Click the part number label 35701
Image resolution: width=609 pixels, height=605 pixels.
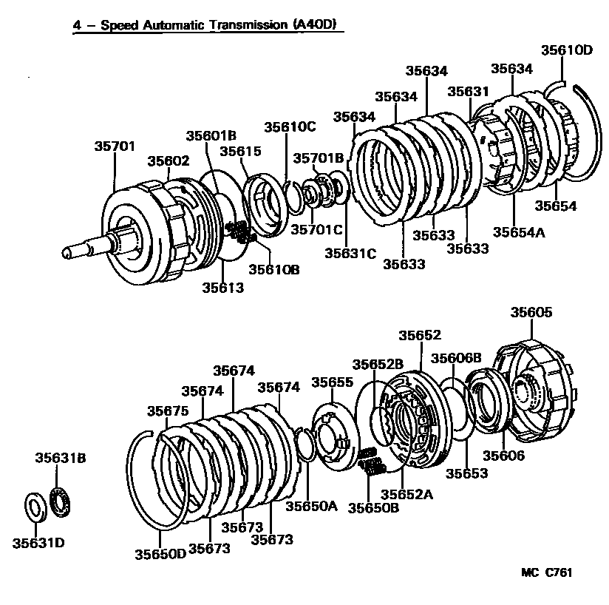[115, 146]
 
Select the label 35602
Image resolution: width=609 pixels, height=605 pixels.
[168, 161]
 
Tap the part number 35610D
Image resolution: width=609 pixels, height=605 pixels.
[567, 51]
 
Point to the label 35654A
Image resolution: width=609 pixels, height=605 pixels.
[519, 231]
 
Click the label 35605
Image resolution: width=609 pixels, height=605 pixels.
[531, 313]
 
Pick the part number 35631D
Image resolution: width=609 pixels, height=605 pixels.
[38, 543]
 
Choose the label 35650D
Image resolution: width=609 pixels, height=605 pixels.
[160, 554]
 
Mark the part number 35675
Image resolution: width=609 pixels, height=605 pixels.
[168, 411]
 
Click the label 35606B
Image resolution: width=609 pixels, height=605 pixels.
[457, 358]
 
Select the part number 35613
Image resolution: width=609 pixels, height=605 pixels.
[222, 288]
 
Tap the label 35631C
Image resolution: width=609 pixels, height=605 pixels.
[350, 254]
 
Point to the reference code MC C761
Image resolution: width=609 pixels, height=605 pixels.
[547, 572]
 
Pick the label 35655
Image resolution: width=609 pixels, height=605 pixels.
[332, 382]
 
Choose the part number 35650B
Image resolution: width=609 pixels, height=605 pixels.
[373, 508]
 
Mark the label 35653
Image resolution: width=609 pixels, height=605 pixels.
[467, 473]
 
